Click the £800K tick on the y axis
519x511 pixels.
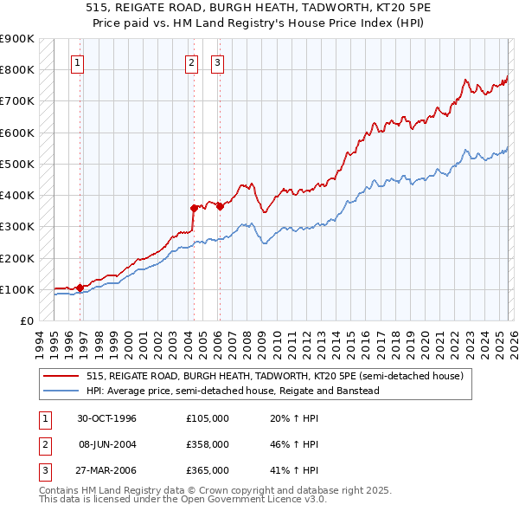click(17, 69)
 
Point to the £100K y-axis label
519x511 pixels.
click(17, 289)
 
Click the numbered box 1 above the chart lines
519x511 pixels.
click(78, 62)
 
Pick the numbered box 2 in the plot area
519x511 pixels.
click(190, 62)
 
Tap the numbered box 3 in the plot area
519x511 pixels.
click(217, 62)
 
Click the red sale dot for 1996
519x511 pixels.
click(80, 288)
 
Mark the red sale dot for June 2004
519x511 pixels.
click(194, 208)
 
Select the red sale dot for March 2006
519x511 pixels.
click(220, 206)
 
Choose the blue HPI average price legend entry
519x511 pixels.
click(233, 391)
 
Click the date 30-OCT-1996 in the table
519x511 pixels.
click(107, 418)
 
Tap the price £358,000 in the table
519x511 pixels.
click(208, 444)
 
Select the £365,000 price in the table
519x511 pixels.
click(208, 470)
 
